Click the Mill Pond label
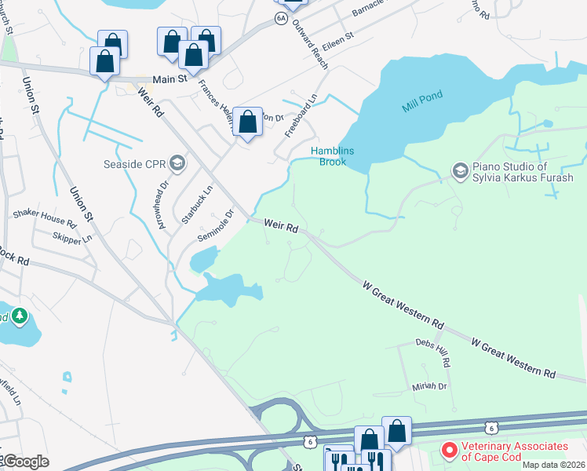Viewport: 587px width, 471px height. [423, 97]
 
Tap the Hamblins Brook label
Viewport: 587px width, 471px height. [333, 156]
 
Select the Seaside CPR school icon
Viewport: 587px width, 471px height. [177, 163]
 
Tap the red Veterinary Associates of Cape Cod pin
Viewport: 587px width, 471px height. [450, 451]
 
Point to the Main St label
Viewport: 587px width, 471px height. [170, 79]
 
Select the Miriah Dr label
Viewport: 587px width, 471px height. [429, 387]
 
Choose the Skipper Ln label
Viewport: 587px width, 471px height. [71, 237]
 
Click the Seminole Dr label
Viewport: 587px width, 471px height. [216, 226]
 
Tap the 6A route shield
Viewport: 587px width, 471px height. [281, 18]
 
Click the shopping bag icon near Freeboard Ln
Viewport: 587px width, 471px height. [248, 122]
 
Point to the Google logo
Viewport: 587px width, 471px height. [26, 462]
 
